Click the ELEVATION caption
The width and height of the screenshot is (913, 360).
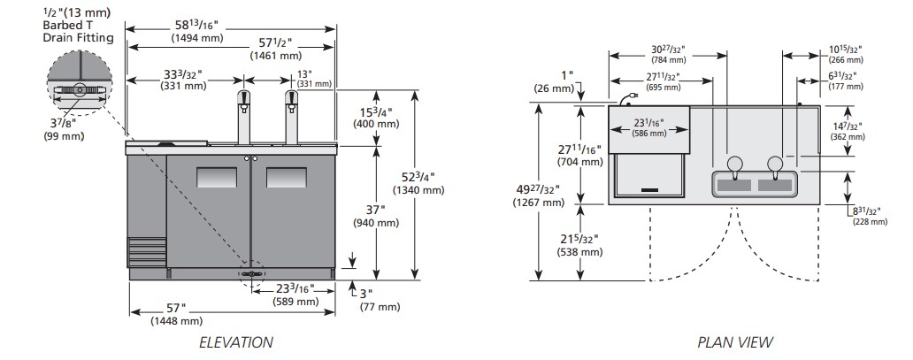236,342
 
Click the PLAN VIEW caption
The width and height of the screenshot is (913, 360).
735,342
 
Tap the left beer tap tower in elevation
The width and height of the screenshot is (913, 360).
244,116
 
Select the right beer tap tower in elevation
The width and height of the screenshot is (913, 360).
292,116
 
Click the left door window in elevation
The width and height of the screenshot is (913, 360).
217,178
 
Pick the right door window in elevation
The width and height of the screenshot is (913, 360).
287,178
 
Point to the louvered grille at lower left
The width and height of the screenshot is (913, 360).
147,252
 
